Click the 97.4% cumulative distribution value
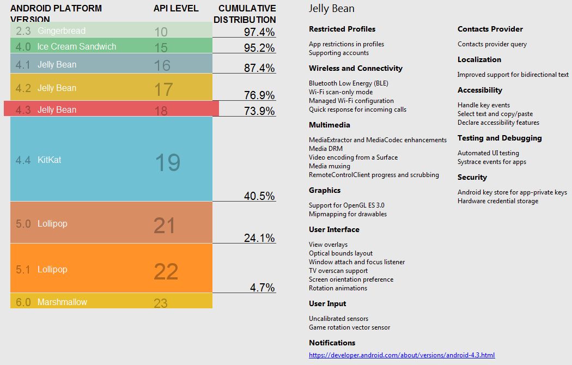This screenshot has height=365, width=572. pos(259,32)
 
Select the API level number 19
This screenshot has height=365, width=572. pos(167,162)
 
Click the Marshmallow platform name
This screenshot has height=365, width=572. pos(62,302)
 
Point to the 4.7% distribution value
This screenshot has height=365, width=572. pos(263,288)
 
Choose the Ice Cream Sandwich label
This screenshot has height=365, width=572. pos(77,46)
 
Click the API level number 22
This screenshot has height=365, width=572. pos(166,271)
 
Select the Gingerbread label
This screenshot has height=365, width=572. pos(62,31)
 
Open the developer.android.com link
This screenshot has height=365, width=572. pos(401,355)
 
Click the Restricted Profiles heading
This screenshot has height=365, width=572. pos(342,29)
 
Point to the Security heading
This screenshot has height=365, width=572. pos(472,177)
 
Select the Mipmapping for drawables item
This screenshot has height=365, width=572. pos(348,214)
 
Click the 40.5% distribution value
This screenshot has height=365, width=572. pos(259,196)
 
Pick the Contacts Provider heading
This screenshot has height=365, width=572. pos(490,29)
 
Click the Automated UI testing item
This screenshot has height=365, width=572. pos(488,153)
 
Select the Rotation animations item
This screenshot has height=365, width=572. pos(338,288)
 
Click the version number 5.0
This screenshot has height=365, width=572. pos(23,223)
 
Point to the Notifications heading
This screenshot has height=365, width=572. pos(332,343)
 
